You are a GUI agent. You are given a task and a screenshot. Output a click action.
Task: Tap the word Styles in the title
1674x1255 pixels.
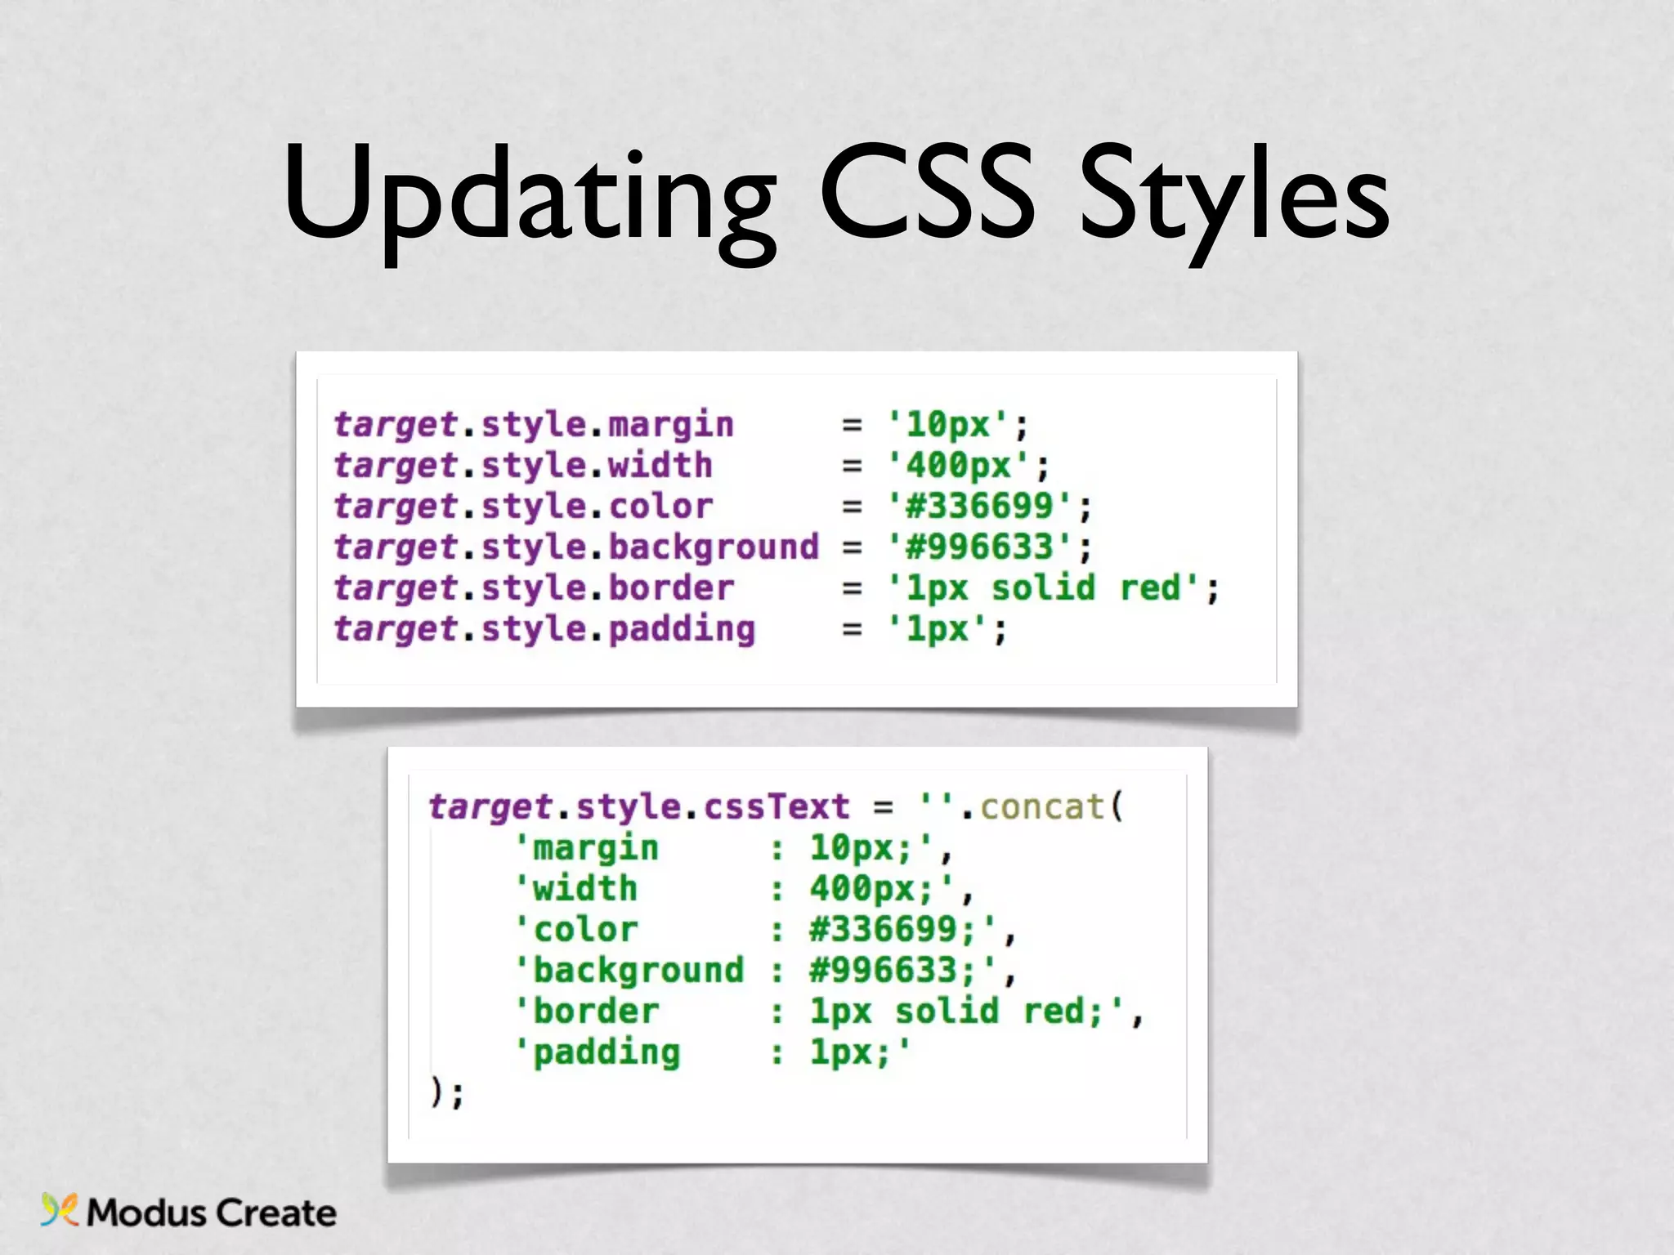click(1234, 196)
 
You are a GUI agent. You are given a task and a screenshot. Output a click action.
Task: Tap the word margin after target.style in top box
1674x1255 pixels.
click(671, 426)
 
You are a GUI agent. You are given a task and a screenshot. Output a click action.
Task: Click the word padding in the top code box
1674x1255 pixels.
click(682, 630)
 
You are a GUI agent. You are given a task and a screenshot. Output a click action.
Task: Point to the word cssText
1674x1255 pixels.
click(777, 807)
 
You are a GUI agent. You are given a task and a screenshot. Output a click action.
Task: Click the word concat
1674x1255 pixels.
click(1042, 807)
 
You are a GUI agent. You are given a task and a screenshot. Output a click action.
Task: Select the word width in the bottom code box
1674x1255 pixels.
click(585, 889)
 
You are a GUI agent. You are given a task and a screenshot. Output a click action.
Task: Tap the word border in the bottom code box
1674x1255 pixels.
click(596, 1012)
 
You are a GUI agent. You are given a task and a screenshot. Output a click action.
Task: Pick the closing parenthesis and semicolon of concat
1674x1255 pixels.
click(446, 1092)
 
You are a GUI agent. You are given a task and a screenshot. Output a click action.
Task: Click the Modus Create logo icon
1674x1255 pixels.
click(60, 1210)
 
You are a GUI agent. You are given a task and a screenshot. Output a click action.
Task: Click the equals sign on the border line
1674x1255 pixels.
click(852, 588)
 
